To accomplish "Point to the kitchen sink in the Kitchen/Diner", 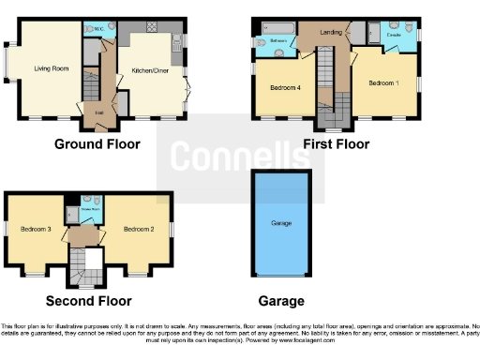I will (179, 41).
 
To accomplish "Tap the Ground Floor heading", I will (97, 144).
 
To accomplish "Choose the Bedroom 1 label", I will (382, 83).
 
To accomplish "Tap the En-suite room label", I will (395, 35).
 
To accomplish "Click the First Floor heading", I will (336, 144).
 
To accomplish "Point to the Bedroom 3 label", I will (35, 229).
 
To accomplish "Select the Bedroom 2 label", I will (138, 229).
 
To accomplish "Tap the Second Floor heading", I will (88, 301).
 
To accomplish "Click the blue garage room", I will (282, 225).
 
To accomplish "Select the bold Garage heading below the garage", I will (281, 301).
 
